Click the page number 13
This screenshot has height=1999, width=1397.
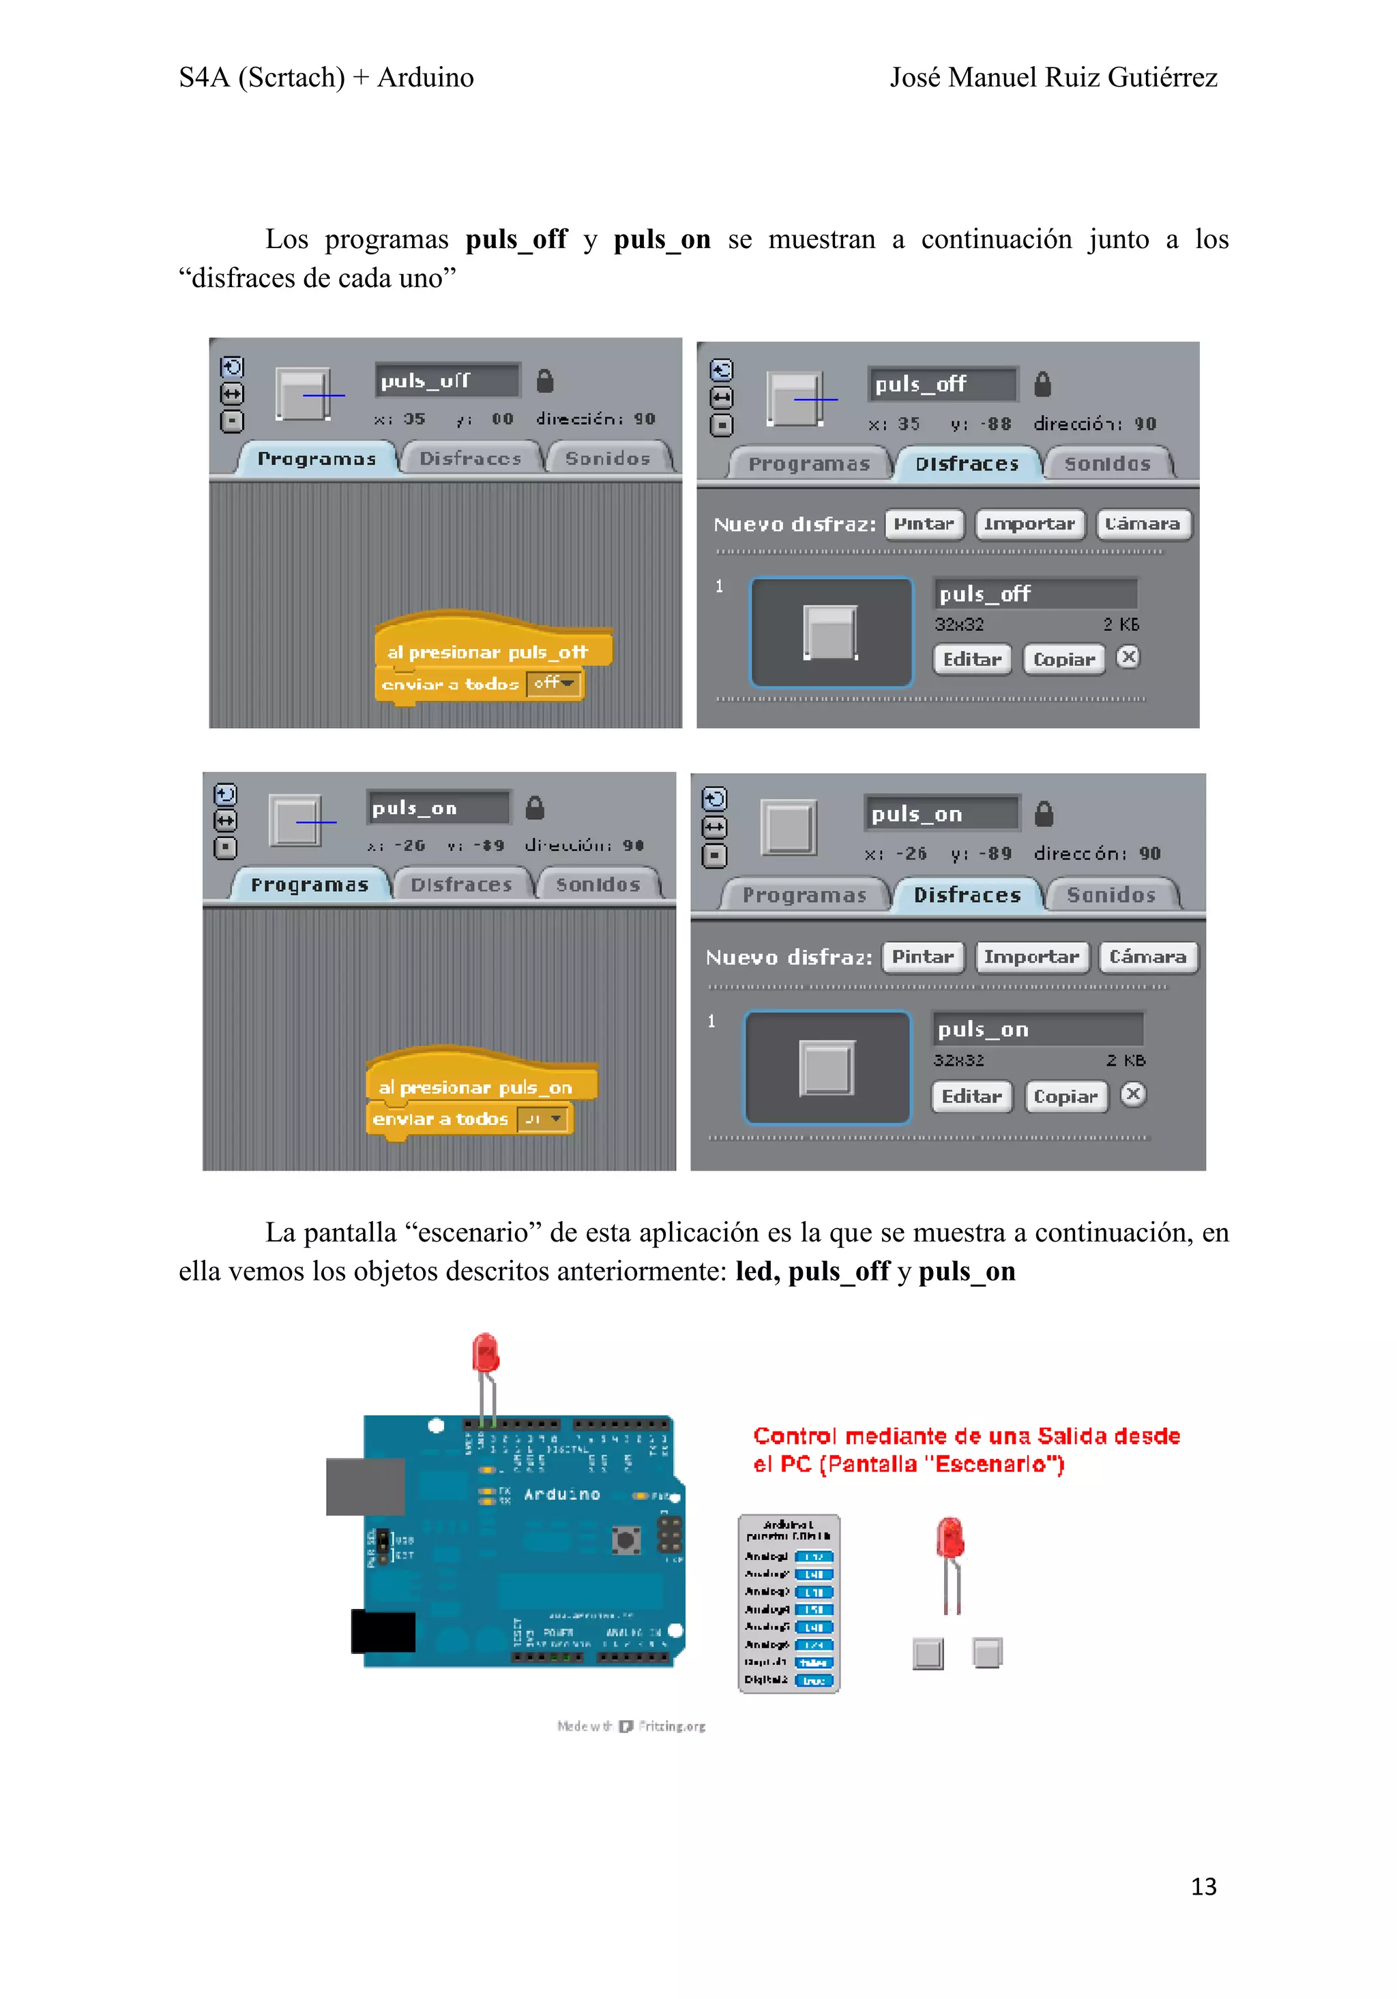(1203, 1886)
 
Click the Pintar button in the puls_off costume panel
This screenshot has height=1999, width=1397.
(924, 524)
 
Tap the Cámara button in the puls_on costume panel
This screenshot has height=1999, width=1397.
(1147, 957)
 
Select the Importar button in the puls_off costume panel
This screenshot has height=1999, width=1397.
(1029, 524)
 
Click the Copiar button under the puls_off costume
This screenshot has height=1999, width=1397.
(1063, 659)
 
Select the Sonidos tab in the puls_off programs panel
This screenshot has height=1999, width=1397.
(607, 458)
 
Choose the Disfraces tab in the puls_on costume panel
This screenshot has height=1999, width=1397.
(967, 895)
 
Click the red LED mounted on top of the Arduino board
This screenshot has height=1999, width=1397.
(485, 1354)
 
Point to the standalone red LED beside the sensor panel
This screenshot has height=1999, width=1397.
(950, 1539)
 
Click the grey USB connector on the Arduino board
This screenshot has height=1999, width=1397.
(364, 1486)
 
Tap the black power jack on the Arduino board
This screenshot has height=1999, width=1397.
(383, 1631)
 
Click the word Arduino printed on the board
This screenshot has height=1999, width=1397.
(562, 1494)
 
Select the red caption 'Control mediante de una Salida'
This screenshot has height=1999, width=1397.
(965, 1436)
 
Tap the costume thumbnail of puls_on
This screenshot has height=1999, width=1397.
(827, 1068)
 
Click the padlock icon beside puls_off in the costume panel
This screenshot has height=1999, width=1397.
(1042, 384)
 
